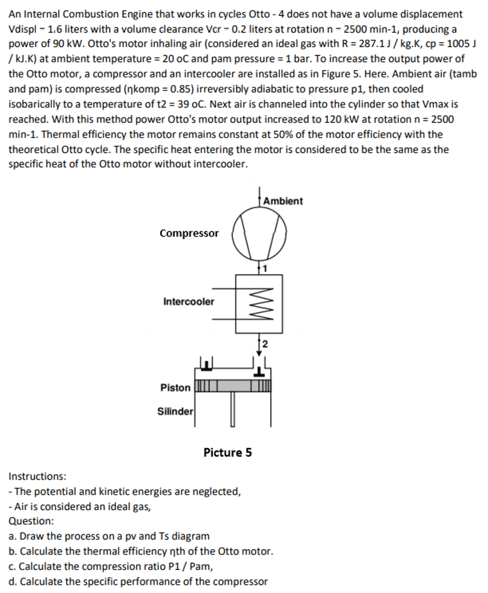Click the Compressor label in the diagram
pyautogui.click(x=189, y=233)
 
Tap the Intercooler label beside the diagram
pyautogui.click(x=189, y=302)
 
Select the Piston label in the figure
pyautogui.click(x=175, y=388)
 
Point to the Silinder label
pyautogui.click(x=175, y=411)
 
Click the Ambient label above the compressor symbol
pyautogui.click(x=283, y=201)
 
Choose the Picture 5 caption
pyautogui.click(x=227, y=453)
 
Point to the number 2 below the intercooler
pyautogui.click(x=263, y=346)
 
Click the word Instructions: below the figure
pyautogui.click(x=37, y=476)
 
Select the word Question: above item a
pyautogui.click(x=32, y=521)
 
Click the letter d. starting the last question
pyautogui.click(x=13, y=582)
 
